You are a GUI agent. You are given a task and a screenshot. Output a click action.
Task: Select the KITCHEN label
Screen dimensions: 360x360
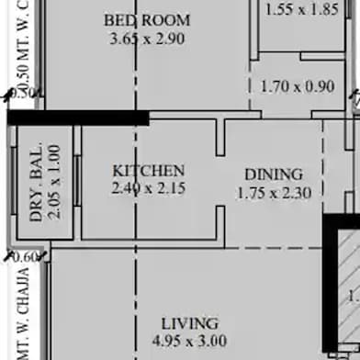click(x=148, y=171)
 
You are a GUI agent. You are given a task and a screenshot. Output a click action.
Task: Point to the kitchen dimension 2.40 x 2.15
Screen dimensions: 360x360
click(x=148, y=189)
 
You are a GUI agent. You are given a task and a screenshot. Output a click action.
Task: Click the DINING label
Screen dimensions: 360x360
click(x=273, y=174)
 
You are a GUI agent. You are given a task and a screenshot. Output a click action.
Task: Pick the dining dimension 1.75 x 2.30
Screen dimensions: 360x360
click(x=273, y=193)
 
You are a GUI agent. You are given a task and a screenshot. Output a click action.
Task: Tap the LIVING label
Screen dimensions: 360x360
click(x=189, y=323)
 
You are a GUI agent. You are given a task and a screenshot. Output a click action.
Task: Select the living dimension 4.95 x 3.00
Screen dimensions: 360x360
click(x=189, y=342)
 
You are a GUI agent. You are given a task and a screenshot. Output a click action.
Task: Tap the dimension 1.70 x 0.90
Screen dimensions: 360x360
click(x=298, y=88)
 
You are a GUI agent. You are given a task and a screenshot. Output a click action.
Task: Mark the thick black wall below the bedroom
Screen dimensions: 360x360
click(x=78, y=118)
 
